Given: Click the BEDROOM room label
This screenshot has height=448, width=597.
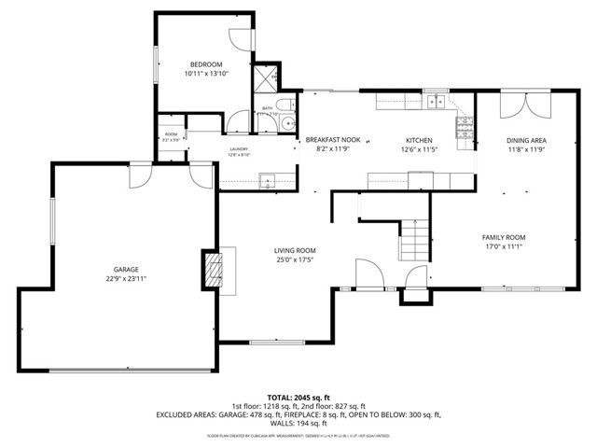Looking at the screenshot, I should click(205, 63).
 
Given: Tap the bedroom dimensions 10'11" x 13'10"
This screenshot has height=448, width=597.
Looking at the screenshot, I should click(205, 73).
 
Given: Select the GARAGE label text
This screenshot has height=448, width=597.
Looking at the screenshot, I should click(127, 269).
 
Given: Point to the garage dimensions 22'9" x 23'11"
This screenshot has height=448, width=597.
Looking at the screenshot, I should click(127, 278).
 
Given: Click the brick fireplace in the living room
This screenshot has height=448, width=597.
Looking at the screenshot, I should click(215, 269).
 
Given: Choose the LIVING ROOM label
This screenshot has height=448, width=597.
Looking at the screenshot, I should click(295, 250).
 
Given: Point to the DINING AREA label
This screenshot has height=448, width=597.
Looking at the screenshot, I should click(526, 140).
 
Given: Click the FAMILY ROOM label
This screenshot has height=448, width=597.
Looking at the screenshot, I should click(504, 237).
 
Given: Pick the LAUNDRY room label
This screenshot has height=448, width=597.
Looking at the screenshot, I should click(239, 148).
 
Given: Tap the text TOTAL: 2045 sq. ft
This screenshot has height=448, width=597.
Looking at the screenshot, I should click(298, 397).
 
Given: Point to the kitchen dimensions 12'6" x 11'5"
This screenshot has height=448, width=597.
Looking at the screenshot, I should click(419, 148).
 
